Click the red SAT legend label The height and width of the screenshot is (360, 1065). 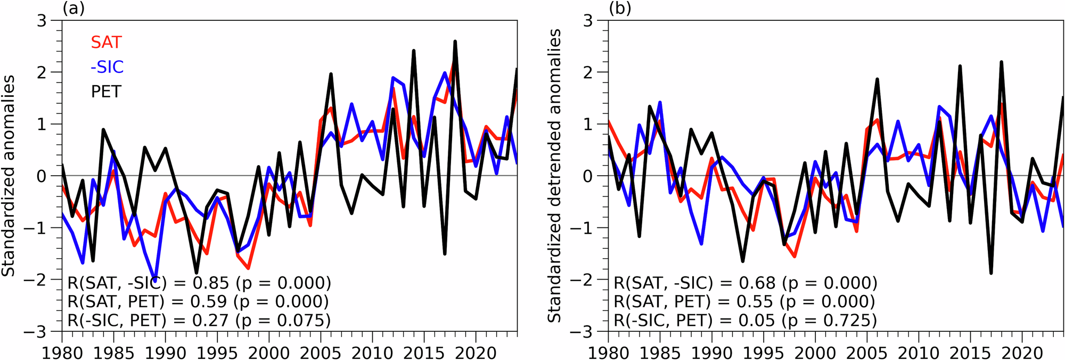click(106, 43)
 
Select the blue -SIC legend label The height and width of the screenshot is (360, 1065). click(107, 67)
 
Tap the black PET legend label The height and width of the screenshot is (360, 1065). click(106, 92)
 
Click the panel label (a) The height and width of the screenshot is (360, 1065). click(73, 9)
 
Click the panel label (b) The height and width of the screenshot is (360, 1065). click(620, 9)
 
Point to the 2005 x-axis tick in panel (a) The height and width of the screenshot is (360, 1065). click(321, 353)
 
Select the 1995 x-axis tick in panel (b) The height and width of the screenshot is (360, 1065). click(764, 353)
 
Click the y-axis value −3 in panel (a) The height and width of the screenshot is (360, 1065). click(40, 332)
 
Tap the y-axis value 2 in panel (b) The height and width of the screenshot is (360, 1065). click(587, 72)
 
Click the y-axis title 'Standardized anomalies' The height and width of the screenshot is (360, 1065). click(9, 176)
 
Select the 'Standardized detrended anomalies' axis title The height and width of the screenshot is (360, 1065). click(554, 176)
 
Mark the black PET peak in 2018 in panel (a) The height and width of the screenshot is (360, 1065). click(455, 42)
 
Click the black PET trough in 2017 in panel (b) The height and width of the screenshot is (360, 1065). click(991, 273)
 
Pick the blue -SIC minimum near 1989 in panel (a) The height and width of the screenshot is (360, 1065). click(155, 280)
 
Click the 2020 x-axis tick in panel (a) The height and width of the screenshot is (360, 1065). click(476, 353)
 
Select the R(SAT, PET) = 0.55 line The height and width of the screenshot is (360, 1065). click(744, 301)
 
